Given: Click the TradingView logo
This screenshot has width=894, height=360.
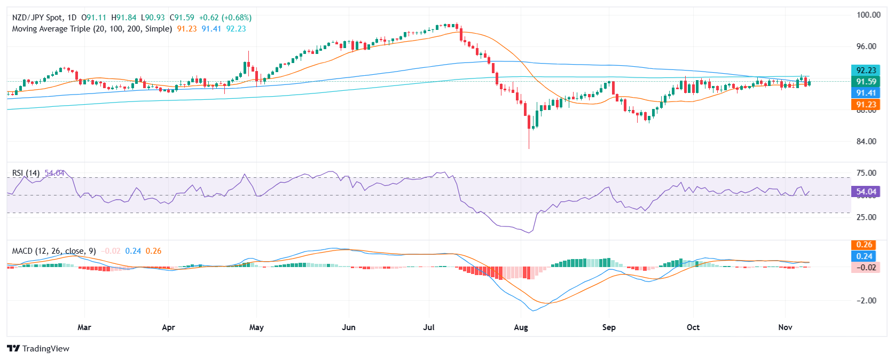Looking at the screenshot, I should pyautogui.click(x=38, y=348).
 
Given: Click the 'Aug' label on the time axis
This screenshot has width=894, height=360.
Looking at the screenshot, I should pyautogui.click(x=521, y=327).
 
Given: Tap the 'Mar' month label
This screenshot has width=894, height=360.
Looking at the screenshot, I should pyautogui.click(x=84, y=327).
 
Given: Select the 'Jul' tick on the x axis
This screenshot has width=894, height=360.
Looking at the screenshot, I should pyautogui.click(x=429, y=327).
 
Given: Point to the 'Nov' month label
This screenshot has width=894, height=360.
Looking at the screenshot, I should pyautogui.click(x=785, y=327).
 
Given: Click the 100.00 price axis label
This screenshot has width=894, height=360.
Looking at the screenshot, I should pyautogui.click(x=868, y=15).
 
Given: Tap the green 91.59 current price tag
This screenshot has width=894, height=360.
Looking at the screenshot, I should pyautogui.click(x=866, y=82).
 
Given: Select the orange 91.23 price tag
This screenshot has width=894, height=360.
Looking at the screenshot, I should pyautogui.click(x=866, y=105).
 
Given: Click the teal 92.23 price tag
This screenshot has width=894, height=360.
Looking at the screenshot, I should pyautogui.click(x=866, y=71).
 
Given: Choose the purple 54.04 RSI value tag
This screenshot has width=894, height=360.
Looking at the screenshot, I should pyautogui.click(x=866, y=192).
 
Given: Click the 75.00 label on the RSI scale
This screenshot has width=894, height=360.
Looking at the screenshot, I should pyautogui.click(x=866, y=173).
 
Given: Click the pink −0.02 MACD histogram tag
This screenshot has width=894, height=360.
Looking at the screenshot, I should pyautogui.click(x=866, y=268).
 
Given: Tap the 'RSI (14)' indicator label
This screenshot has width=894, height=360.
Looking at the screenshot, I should pyautogui.click(x=26, y=173).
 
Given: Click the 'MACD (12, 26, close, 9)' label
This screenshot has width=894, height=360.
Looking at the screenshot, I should pyautogui.click(x=54, y=251).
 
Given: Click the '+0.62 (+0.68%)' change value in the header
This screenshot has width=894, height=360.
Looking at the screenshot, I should pyautogui.click(x=225, y=18).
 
